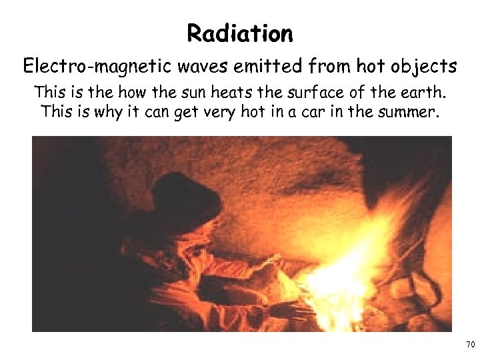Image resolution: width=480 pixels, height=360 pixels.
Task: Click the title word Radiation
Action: click(x=240, y=33)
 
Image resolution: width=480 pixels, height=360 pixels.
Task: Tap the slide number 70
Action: click(x=470, y=345)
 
